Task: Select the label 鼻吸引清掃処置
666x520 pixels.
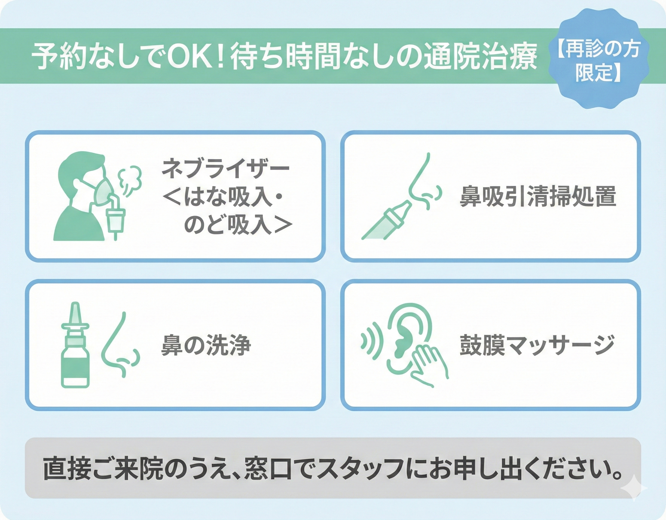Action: pos(538,197)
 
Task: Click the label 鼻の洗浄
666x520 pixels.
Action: pos(206,345)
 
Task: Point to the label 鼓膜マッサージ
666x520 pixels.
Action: pos(537,345)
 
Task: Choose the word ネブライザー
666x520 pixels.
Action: pos(225,168)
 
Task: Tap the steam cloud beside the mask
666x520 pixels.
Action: pos(130,180)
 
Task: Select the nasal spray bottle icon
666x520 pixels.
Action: pos(75,345)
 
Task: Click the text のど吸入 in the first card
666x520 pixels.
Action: pos(228,226)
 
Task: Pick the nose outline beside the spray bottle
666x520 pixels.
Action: pos(120,345)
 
